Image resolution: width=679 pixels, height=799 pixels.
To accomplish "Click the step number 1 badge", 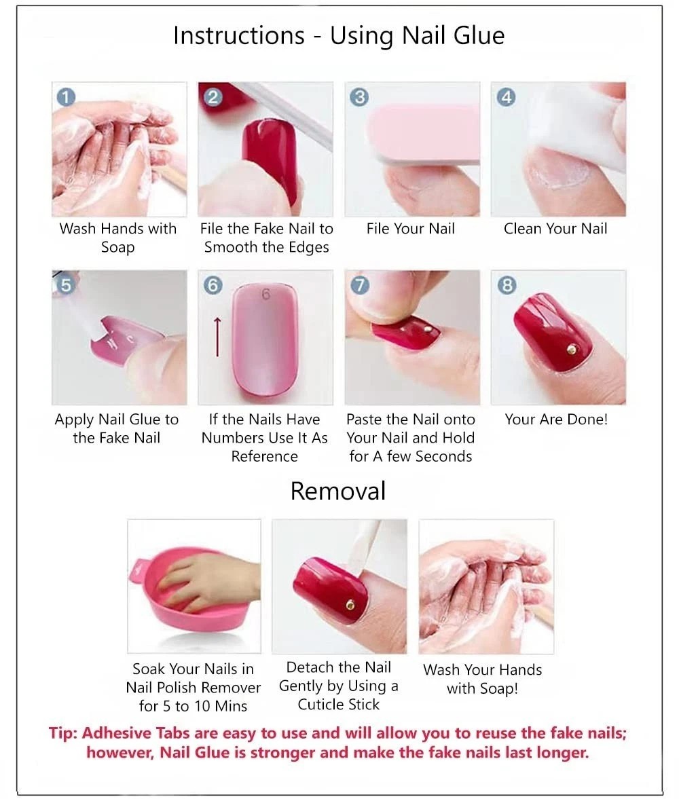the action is [66, 97].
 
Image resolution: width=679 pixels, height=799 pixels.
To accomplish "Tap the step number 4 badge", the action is [506, 97].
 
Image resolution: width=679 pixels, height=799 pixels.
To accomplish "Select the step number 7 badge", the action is [359, 285].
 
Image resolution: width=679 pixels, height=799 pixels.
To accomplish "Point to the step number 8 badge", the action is [506, 285].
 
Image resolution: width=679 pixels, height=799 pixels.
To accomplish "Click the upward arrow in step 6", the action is [217, 336].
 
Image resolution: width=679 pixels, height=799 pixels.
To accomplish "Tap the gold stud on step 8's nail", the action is [572, 350].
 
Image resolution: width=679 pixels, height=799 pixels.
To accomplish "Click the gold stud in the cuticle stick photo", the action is [350, 605].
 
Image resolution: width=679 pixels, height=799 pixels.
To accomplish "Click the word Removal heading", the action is [338, 491].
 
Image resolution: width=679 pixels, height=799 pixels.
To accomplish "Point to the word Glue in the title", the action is [479, 36].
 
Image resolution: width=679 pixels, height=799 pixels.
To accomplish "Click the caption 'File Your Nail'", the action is [410, 229].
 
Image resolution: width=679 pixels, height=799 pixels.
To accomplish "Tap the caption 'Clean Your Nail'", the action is [555, 229].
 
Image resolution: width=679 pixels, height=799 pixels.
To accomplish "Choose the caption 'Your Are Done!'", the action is [556, 420].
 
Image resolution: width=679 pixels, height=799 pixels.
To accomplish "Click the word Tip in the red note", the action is [62, 733].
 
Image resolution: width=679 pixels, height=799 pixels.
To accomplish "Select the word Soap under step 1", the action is [117, 248].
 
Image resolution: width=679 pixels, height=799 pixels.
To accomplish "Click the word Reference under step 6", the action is [264, 456].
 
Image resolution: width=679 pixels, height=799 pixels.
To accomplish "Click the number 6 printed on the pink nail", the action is [265, 295].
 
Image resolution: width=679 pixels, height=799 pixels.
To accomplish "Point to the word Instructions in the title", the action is [238, 36].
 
